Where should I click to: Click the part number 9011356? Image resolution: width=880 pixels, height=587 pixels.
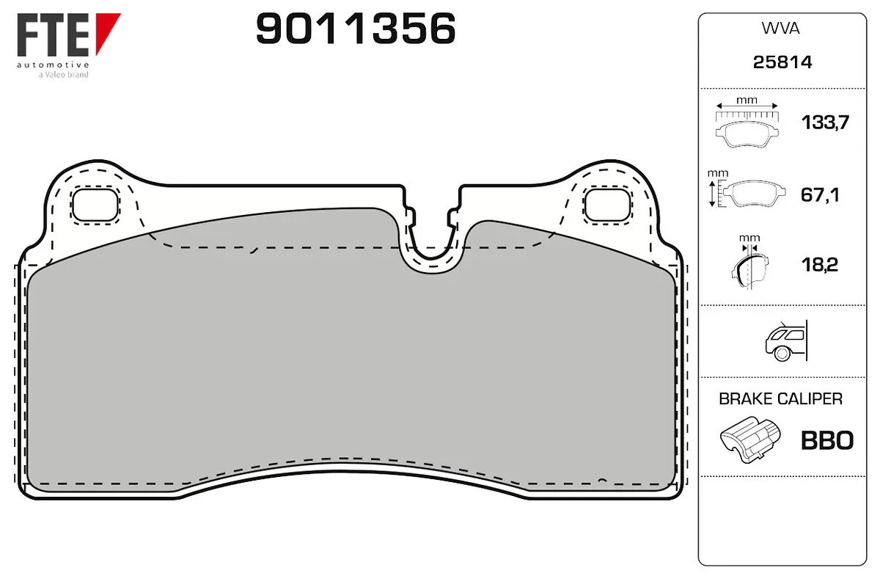tap(356, 30)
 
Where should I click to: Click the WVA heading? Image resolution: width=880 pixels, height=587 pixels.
tap(782, 29)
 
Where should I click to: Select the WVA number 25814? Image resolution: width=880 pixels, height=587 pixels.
tap(782, 63)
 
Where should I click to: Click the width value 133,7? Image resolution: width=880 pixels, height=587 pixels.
tap(825, 123)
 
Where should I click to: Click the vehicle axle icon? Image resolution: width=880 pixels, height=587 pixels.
tap(784, 341)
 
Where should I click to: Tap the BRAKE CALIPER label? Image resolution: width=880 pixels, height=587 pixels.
tap(780, 399)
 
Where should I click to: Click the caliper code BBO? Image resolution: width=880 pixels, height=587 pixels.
tap(826, 440)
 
